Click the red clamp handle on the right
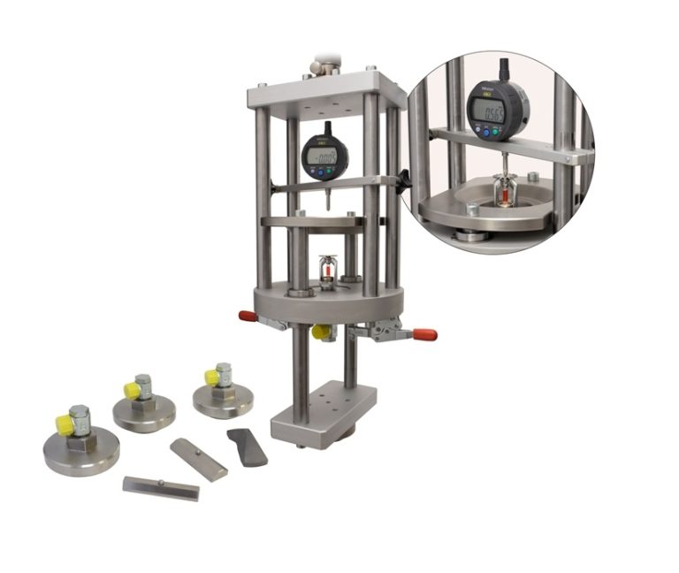click(423, 334)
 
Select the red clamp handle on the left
click(247, 316)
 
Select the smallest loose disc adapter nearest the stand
click(222, 394)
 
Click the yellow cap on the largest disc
click(65, 424)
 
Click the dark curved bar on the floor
click(247, 447)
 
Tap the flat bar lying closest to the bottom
click(160, 487)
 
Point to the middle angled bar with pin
click(198, 458)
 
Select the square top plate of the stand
click(326, 92)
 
